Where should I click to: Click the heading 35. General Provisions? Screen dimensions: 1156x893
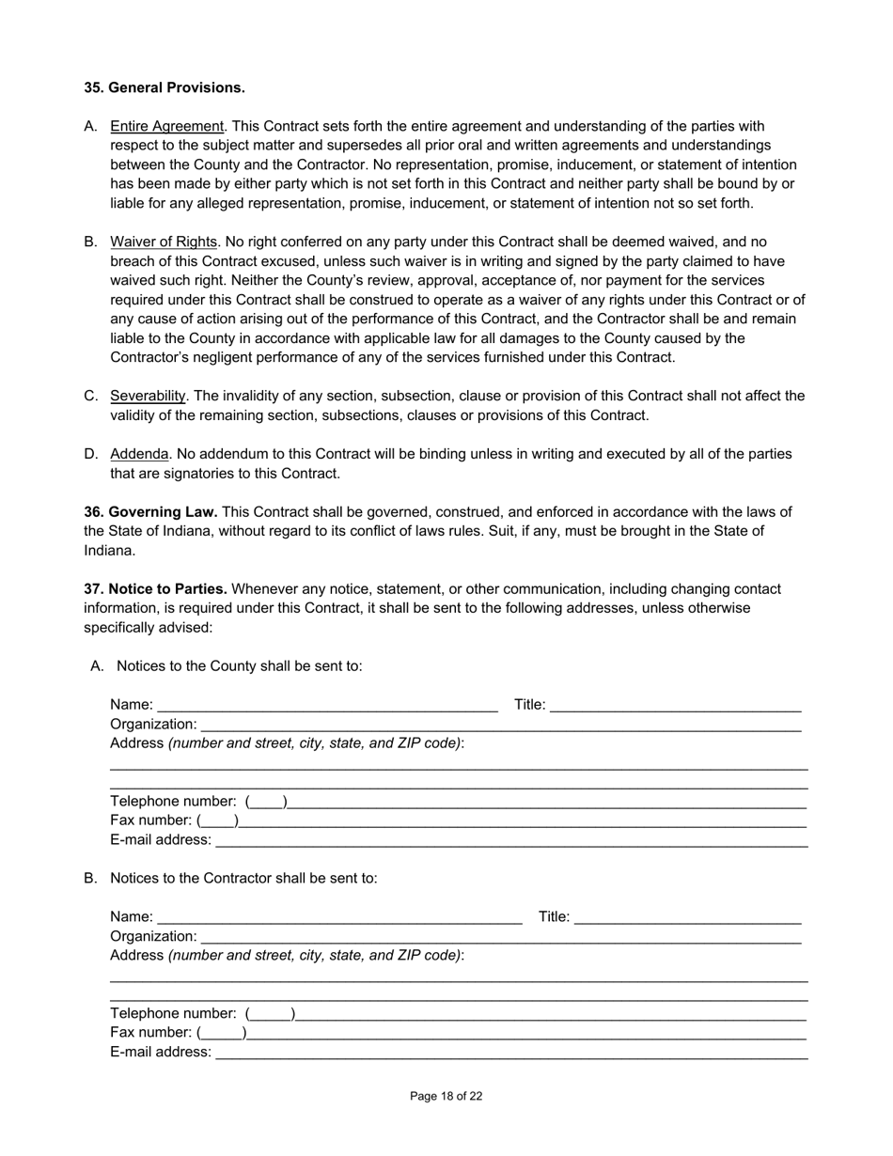(x=164, y=87)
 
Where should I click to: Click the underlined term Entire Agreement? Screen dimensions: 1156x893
(x=167, y=126)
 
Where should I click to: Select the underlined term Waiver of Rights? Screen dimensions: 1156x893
(x=164, y=242)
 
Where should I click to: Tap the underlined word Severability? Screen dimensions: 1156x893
(x=148, y=396)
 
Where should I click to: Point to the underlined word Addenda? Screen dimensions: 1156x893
(x=139, y=454)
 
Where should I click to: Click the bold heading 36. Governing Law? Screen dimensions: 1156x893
(x=150, y=512)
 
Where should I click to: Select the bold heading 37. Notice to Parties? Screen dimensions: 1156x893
(x=155, y=589)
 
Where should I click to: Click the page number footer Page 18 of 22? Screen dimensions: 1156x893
(x=446, y=1096)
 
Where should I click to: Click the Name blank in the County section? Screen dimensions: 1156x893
(x=327, y=705)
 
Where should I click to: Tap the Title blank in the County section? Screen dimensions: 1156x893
(x=675, y=705)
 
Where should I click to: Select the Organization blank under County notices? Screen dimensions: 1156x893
(x=500, y=725)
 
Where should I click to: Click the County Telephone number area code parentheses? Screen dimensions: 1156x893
(x=266, y=802)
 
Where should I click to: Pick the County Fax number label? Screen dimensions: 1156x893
(x=150, y=820)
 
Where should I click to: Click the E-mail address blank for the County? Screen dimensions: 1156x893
(x=510, y=840)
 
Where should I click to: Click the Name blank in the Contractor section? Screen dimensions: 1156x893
(x=339, y=917)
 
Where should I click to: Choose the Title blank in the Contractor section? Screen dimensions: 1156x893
(x=687, y=917)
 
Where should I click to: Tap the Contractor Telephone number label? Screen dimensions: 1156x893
(x=173, y=1013)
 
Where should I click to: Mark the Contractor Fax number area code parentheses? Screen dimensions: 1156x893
(x=222, y=1033)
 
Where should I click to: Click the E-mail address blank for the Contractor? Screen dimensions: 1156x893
(x=510, y=1053)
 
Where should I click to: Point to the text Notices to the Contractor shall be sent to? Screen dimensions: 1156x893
(x=243, y=878)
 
